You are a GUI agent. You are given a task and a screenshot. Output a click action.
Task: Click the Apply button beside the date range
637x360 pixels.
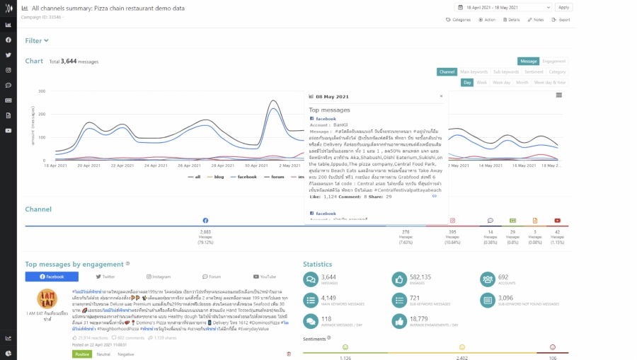(x=563, y=7)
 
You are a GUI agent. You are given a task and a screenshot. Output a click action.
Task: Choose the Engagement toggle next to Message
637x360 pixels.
(x=554, y=62)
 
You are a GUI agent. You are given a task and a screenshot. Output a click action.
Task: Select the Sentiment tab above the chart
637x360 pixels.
(x=534, y=71)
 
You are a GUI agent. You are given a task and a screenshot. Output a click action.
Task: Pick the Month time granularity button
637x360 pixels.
(x=522, y=82)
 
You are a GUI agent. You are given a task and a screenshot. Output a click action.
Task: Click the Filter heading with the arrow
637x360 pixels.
(x=37, y=41)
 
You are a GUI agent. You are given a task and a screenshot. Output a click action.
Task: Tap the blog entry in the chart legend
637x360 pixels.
(x=217, y=177)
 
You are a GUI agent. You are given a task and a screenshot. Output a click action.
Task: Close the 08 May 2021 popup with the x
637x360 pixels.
(x=440, y=96)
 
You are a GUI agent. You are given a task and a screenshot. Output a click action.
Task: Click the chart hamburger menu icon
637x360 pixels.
(x=559, y=95)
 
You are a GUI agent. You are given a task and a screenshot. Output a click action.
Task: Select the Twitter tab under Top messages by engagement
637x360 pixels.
(x=105, y=277)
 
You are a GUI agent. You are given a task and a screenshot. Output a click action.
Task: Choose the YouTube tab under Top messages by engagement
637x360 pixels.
(x=265, y=277)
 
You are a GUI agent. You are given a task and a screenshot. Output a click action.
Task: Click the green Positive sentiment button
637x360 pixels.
(x=82, y=354)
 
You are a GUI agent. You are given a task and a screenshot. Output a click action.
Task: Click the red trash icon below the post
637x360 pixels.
(x=288, y=354)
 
